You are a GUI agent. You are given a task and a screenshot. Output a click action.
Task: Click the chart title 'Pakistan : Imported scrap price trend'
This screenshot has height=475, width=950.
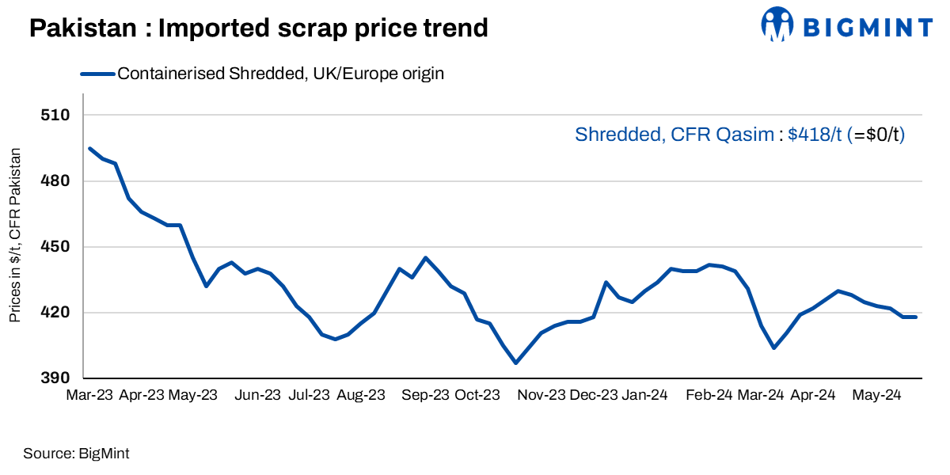pos(258,28)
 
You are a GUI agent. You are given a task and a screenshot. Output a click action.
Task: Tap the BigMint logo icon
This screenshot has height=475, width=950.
pos(777,24)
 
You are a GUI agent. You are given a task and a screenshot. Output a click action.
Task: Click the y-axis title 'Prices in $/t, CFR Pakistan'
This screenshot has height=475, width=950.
pos(15,235)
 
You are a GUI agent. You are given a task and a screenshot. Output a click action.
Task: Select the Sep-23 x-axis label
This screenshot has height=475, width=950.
pos(425,395)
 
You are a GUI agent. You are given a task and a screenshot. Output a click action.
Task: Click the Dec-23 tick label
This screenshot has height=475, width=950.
pos(594,395)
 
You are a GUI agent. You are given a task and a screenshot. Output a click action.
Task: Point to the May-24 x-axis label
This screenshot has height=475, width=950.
pos(875,395)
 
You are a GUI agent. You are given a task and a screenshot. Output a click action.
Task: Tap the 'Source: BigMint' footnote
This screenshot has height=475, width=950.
pos(76,454)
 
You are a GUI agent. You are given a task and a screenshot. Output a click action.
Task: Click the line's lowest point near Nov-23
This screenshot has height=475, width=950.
pos(516,363)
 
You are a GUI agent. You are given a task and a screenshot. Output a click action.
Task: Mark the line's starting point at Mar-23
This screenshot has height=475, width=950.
pos(89,148)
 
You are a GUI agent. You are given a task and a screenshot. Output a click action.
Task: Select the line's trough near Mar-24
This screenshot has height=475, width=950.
pos(773,348)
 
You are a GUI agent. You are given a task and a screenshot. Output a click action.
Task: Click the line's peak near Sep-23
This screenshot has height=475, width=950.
pos(425,257)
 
